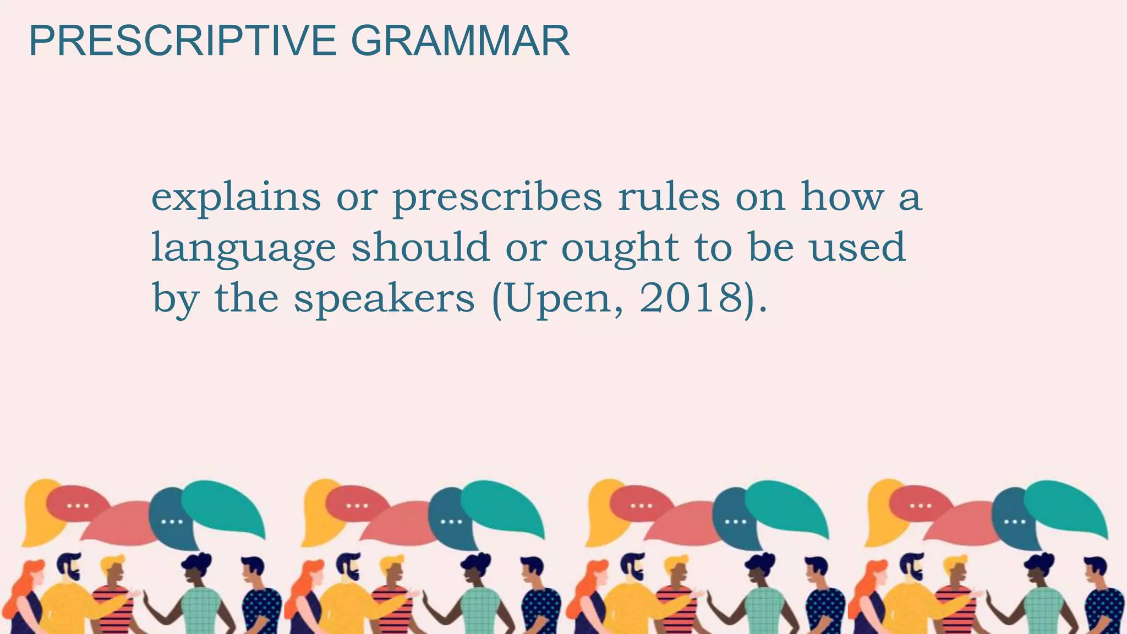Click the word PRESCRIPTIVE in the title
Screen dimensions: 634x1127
182,41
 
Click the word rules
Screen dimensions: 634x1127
669,197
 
